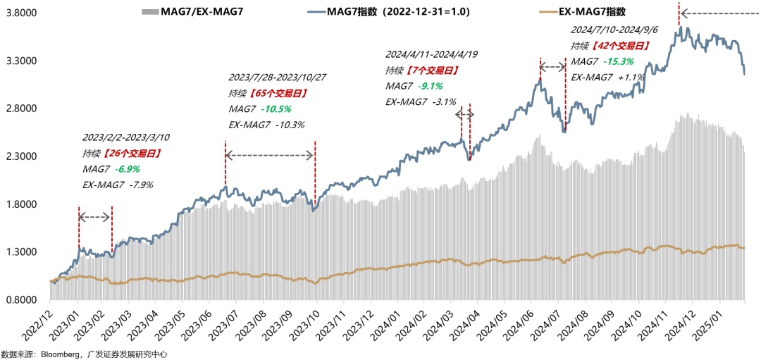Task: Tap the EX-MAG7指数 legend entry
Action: (586, 12)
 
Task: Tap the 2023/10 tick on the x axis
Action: (309, 325)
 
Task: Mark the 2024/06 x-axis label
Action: (528, 325)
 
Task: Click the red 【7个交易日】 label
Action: (431, 70)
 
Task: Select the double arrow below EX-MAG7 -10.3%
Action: (270, 154)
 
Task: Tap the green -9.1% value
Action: (429, 86)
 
